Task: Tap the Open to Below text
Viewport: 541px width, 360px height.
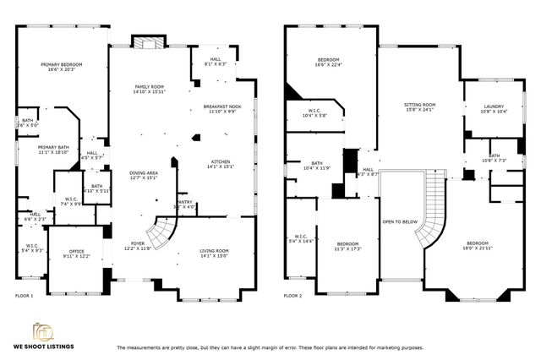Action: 399,221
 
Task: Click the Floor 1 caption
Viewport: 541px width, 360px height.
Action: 25,296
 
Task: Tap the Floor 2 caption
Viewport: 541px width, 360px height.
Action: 292,296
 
